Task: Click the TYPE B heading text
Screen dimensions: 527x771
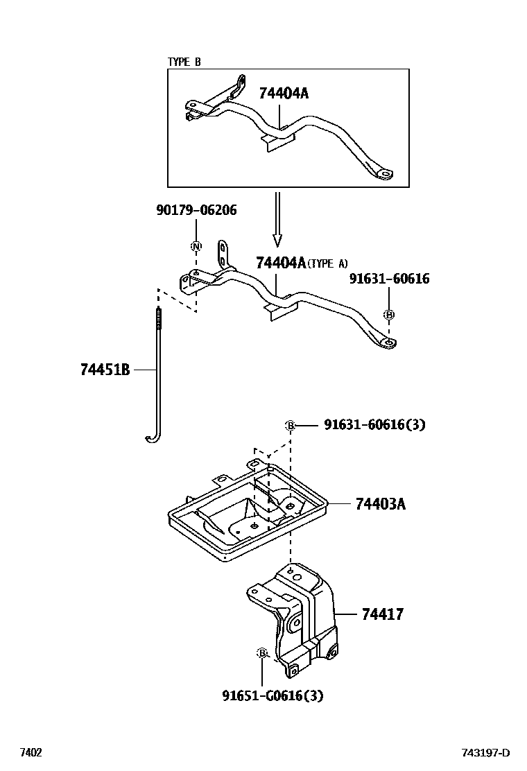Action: pyautogui.click(x=184, y=62)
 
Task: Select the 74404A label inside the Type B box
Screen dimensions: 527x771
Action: pyautogui.click(x=284, y=93)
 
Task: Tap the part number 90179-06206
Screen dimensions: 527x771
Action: pyautogui.click(x=196, y=210)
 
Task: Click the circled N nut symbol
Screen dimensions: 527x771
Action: pyautogui.click(x=196, y=246)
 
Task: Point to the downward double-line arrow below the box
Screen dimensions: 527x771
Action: pyautogui.click(x=277, y=219)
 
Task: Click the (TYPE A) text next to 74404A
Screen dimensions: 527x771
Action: pyautogui.click(x=327, y=264)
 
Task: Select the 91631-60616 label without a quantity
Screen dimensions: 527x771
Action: pyautogui.click(x=389, y=279)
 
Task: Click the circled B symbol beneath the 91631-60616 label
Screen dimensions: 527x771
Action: pyautogui.click(x=389, y=315)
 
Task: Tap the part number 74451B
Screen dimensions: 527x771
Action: pyautogui.click(x=105, y=370)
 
